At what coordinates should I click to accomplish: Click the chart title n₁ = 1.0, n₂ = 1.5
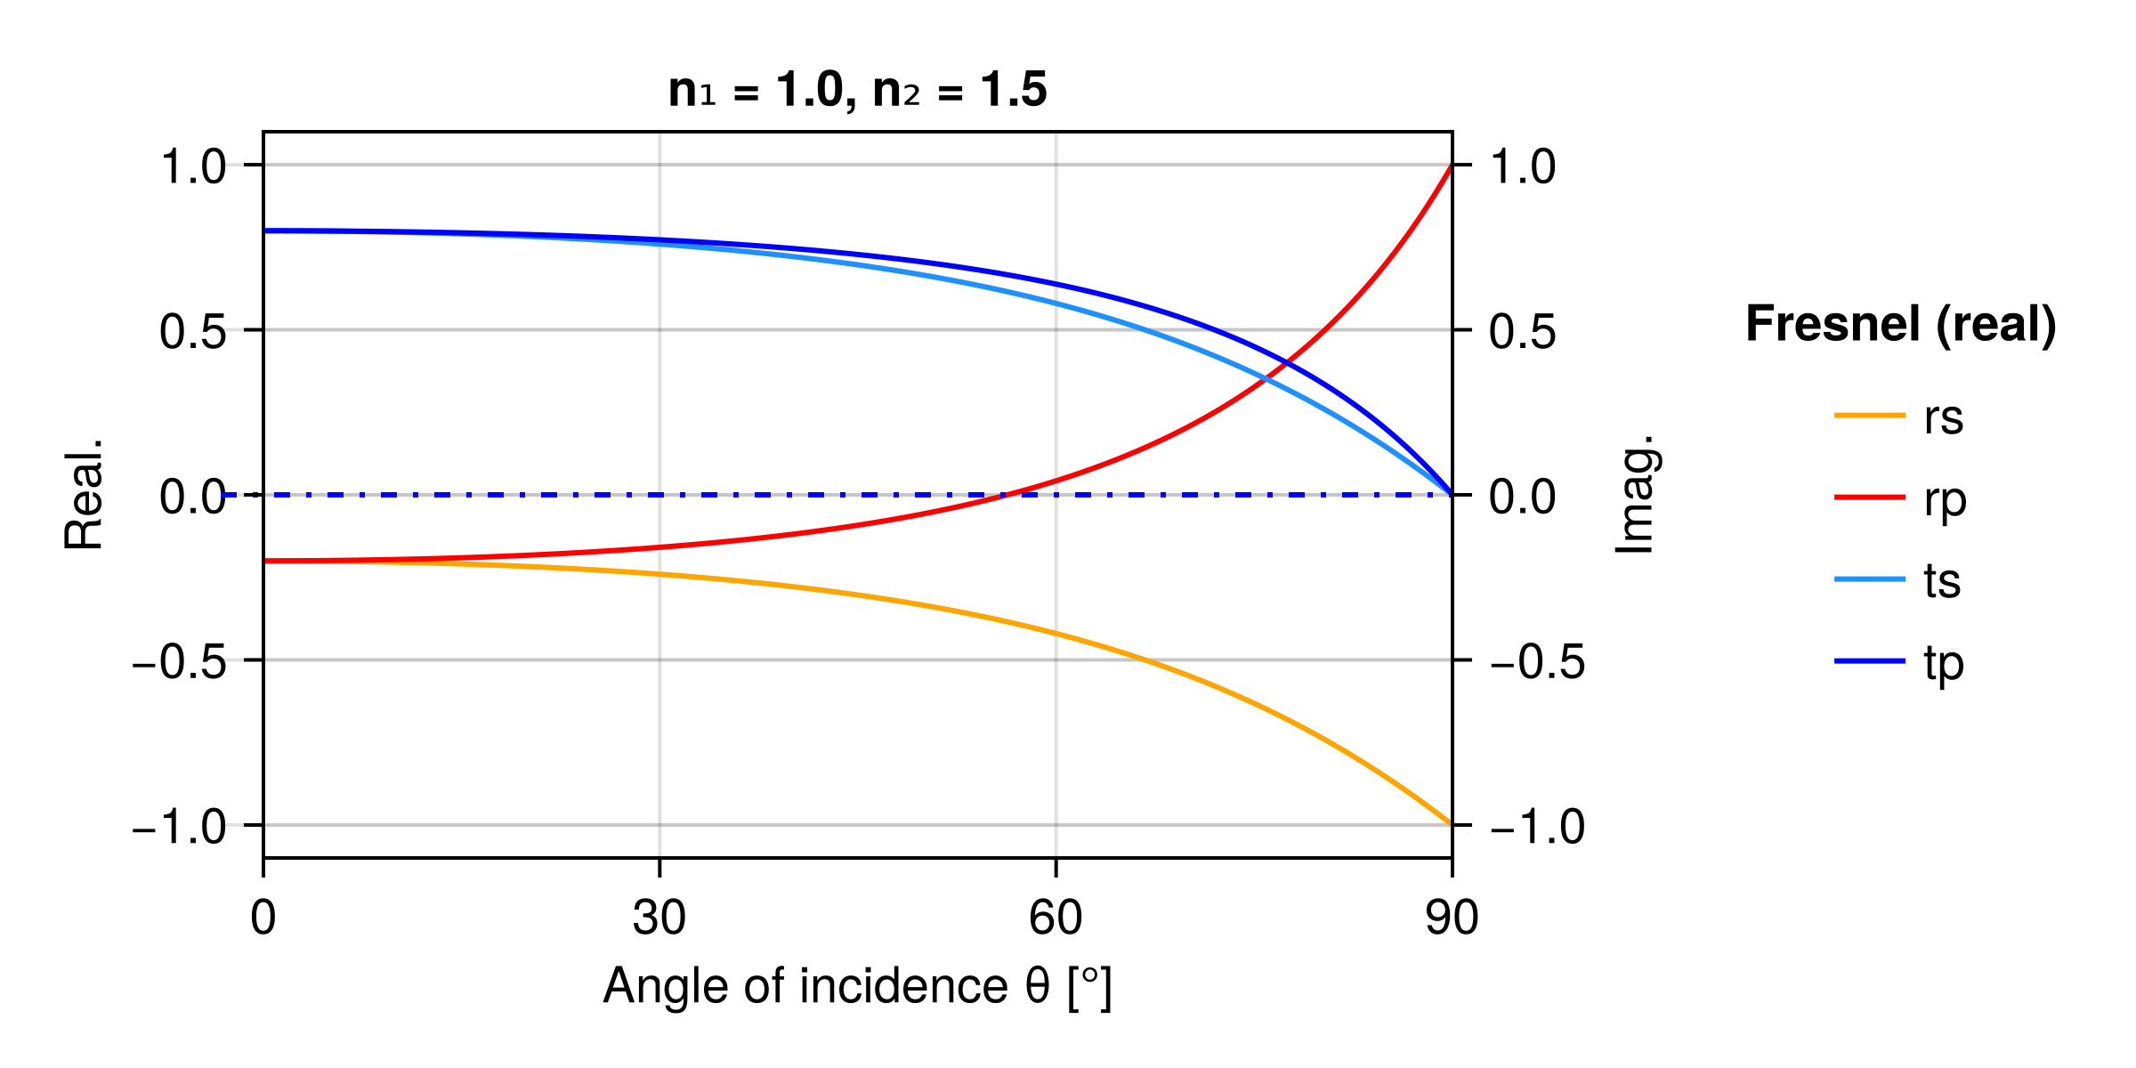click(857, 90)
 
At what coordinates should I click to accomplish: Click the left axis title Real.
click(84, 495)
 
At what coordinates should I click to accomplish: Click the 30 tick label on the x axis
click(659, 918)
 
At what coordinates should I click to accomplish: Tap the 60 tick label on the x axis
click(1056, 918)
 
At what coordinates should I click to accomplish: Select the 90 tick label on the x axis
click(1452, 918)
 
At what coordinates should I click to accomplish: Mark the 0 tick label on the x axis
click(263, 918)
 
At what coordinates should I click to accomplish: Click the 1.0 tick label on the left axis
click(193, 166)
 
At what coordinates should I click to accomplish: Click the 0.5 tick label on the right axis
click(1522, 332)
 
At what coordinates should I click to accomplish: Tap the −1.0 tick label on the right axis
click(1536, 827)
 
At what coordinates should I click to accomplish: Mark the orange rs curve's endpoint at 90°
click(1452, 824)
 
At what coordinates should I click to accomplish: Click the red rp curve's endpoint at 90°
click(1452, 166)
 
